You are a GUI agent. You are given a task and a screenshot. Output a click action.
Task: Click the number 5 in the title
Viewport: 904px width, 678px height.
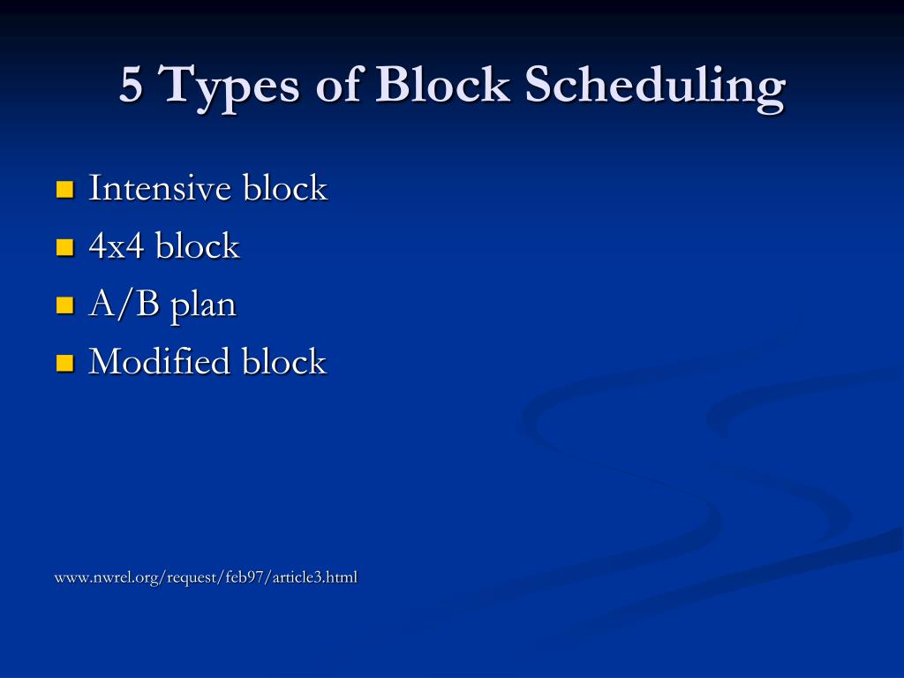(x=131, y=87)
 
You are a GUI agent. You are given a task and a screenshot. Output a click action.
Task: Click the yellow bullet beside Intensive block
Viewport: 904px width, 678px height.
(x=64, y=189)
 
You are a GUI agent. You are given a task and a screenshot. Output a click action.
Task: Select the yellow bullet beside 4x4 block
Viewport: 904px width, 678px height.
(x=64, y=247)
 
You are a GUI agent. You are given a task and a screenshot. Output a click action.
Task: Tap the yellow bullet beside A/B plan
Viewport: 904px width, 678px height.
(x=64, y=305)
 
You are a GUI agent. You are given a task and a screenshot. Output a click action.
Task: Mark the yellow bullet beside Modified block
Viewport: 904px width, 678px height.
(x=64, y=363)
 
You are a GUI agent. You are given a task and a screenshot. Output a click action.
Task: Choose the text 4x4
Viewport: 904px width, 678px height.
(x=117, y=246)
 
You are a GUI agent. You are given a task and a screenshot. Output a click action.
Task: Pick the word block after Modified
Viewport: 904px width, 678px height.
(x=284, y=362)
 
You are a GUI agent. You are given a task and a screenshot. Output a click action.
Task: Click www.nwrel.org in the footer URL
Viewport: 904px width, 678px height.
(x=96, y=578)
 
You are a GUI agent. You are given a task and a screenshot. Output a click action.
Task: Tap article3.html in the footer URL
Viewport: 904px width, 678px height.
(x=313, y=578)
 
